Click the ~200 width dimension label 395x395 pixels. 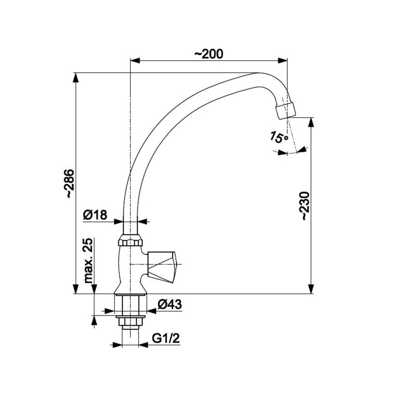[209, 54]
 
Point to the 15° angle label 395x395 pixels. [279, 137]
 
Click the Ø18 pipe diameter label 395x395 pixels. [95, 215]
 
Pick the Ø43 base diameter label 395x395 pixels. [170, 304]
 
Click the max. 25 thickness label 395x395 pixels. [88, 260]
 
